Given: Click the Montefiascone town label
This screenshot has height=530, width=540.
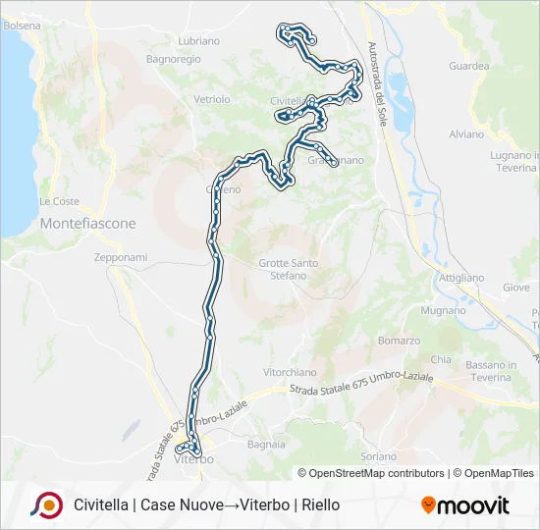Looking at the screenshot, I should (x=87, y=224).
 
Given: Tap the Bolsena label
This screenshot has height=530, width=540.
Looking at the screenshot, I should (x=22, y=25).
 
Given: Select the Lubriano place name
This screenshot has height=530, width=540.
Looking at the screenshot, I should (x=199, y=41).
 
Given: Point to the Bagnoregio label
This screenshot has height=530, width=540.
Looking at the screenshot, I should (x=173, y=59).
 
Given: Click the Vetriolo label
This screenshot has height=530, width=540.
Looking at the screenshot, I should (x=211, y=99).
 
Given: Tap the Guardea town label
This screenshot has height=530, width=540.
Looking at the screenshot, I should (x=468, y=66).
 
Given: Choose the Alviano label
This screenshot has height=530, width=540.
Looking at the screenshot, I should (x=466, y=133).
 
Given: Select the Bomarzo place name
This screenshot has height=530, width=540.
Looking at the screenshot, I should (x=399, y=341).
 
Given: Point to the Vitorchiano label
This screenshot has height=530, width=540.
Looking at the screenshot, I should (x=290, y=372).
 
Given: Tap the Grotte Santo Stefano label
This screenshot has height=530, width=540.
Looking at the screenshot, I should (x=289, y=269).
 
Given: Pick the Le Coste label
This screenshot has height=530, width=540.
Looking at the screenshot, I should (x=59, y=201).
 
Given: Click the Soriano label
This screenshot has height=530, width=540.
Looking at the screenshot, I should (x=379, y=456).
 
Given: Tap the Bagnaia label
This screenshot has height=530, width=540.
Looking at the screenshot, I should (x=266, y=444).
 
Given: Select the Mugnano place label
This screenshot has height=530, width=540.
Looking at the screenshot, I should (x=443, y=310).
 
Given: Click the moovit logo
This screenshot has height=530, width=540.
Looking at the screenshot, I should (x=465, y=505).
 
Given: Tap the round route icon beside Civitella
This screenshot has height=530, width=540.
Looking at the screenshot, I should (x=45, y=504).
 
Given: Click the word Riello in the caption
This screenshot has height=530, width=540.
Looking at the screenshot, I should (x=320, y=504).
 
